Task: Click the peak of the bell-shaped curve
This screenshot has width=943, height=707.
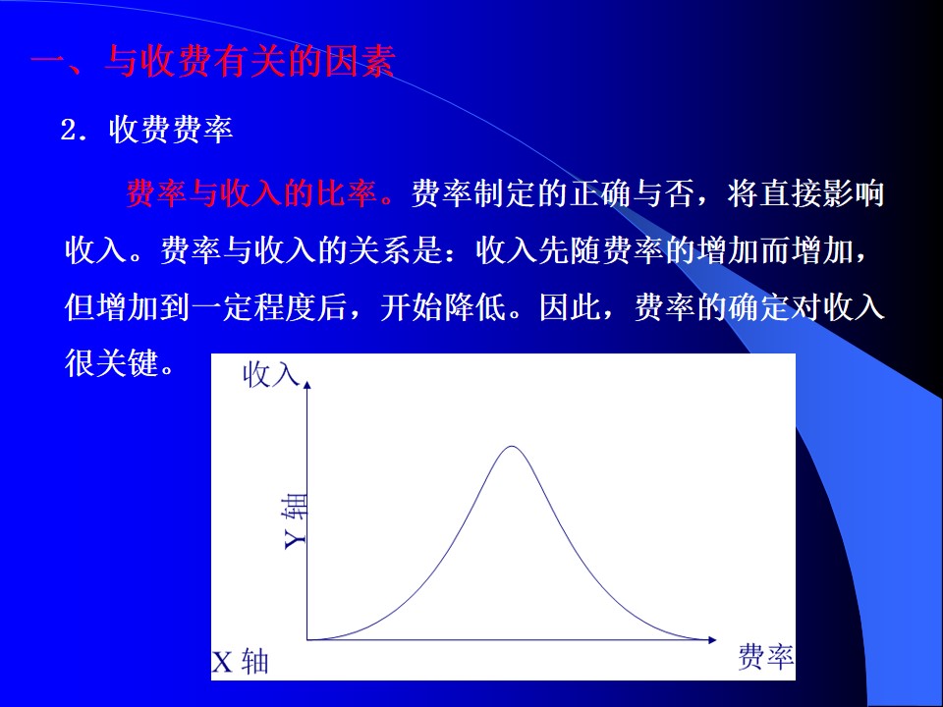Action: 512,447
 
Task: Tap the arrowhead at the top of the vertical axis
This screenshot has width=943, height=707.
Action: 307,385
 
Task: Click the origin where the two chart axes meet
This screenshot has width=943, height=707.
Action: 307,639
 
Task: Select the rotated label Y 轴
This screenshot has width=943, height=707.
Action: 295,521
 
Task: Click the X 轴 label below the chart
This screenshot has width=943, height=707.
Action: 240,662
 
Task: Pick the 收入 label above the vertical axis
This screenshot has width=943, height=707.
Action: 271,375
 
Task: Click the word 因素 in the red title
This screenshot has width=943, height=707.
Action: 360,62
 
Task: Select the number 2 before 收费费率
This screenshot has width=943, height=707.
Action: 69,131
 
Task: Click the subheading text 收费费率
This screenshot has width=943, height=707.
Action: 171,130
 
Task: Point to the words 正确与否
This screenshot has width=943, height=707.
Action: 631,193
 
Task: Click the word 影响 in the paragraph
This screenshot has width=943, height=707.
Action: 853,193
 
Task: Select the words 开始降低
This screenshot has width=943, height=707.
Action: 443,306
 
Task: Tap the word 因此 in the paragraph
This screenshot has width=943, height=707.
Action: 570,306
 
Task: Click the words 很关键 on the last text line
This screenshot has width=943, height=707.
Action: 111,363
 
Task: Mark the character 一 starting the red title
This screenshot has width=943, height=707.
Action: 47,62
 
